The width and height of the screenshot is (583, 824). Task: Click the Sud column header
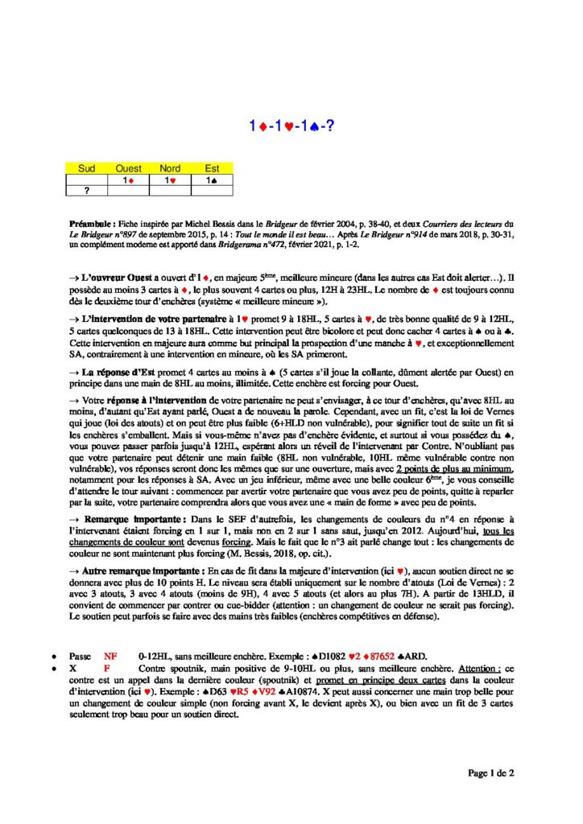[87, 168]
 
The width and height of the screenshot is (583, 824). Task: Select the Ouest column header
[129, 168]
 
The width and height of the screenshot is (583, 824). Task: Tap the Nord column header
[170, 168]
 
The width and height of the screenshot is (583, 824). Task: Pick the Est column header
[212, 168]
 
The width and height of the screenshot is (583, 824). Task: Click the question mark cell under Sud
[87, 191]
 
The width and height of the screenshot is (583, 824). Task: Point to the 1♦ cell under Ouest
[129, 179]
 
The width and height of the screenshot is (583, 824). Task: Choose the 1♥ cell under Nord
[170, 179]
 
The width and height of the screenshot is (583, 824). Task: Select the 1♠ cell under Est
[212, 179]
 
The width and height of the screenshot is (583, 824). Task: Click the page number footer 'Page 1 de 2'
[491, 772]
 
